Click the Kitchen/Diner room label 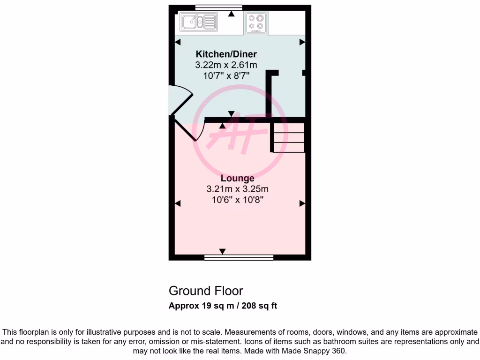point(226,54)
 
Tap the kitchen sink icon point(199,22)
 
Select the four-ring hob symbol point(256,22)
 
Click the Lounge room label point(237,178)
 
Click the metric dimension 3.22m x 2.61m point(226,65)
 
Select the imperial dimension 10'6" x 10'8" point(237,200)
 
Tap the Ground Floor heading point(206,291)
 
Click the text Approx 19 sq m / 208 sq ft point(223,306)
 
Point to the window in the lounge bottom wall point(239,257)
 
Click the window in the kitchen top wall point(218,7)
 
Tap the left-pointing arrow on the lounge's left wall point(178,203)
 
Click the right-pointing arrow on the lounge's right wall point(302,203)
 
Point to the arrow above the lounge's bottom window point(222,252)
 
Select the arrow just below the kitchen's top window point(231,14)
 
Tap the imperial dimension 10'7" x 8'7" point(226,75)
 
